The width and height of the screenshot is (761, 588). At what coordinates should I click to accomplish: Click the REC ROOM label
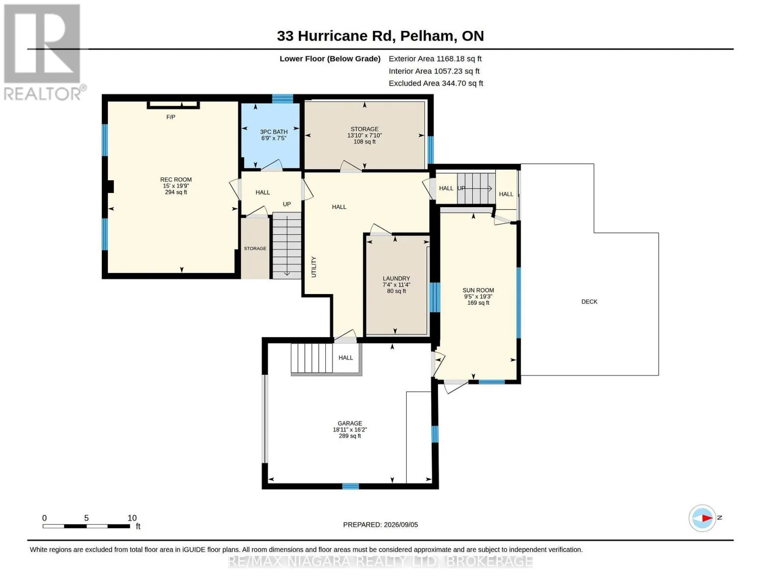[x=176, y=180]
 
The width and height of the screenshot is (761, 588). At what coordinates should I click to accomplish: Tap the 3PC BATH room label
[x=273, y=132]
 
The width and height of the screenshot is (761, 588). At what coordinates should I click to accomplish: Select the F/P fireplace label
[x=171, y=117]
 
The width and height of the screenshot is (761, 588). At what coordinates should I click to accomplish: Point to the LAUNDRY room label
[x=396, y=278]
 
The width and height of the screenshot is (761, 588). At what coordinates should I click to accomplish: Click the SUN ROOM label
[x=478, y=290]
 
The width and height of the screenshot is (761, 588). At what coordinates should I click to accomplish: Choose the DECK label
[x=589, y=301]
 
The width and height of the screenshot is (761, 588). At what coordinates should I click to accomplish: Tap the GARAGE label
[x=349, y=423]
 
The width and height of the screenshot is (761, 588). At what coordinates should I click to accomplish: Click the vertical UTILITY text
[x=314, y=267]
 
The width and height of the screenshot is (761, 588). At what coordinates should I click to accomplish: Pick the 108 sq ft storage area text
[x=364, y=142]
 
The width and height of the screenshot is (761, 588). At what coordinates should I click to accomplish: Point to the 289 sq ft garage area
[x=349, y=436]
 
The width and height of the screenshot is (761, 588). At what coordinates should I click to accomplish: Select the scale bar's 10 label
[x=132, y=518]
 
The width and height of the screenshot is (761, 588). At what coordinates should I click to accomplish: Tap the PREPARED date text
[x=380, y=525]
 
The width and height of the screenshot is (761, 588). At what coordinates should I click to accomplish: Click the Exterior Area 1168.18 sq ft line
[x=435, y=59]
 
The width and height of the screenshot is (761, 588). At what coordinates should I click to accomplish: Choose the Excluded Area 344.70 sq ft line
[x=436, y=83]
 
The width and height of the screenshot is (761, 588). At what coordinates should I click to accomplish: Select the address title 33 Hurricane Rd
[x=336, y=36]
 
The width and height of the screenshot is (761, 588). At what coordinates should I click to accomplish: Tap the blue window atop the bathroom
[x=283, y=99]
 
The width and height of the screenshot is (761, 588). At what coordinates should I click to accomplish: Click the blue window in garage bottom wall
[x=350, y=486]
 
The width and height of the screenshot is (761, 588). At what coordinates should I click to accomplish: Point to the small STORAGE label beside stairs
[x=255, y=248]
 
